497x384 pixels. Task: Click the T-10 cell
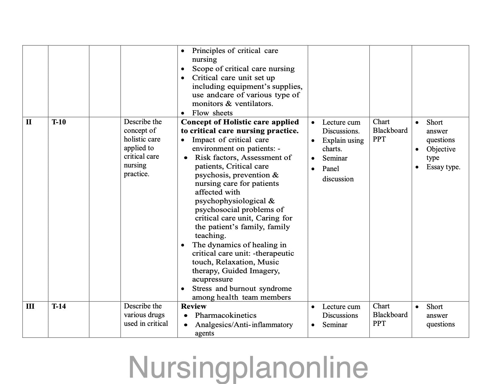(x=59, y=122)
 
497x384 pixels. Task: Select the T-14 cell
(x=59, y=307)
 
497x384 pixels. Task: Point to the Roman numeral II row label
(x=29, y=122)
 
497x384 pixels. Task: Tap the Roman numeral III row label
(x=30, y=307)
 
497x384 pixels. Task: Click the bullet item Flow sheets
(x=212, y=113)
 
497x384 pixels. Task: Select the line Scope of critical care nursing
(x=243, y=69)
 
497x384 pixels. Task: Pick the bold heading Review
(x=193, y=307)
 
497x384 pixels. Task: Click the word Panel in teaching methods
(x=330, y=169)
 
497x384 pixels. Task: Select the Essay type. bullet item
(x=443, y=167)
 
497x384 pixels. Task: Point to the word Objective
(x=441, y=149)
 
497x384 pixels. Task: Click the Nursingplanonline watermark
(x=248, y=367)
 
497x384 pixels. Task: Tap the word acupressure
(x=212, y=279)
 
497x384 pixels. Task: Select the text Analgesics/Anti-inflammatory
(x=244, y=325)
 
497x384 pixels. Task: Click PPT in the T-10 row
(x=379, y=139)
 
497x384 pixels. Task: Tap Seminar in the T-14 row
(x=335, y=325)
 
